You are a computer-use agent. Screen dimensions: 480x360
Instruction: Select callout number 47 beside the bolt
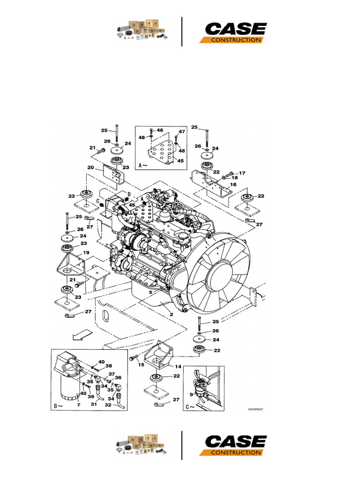click(x=181, y=132)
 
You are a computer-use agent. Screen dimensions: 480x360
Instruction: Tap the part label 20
click(x=91, y=167)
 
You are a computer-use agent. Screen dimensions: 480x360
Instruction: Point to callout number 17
click(x=242, y=173)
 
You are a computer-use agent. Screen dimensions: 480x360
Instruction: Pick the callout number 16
click(x=232, y=185)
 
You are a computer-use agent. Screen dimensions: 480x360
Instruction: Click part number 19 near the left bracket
click(x=86, y=253)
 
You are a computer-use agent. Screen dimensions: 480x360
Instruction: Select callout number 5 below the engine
click(x=150, y=292)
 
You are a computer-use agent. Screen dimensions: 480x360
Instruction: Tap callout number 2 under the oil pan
click(x=172, y=314)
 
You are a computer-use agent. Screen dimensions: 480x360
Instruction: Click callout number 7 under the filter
click(x=78, y=404)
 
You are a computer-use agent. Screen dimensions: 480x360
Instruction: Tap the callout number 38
click(x=108, y=367)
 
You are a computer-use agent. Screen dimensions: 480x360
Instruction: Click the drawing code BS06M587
click(x=255, y=409)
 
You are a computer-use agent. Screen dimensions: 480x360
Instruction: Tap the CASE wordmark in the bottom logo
click(x=236, y=441)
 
